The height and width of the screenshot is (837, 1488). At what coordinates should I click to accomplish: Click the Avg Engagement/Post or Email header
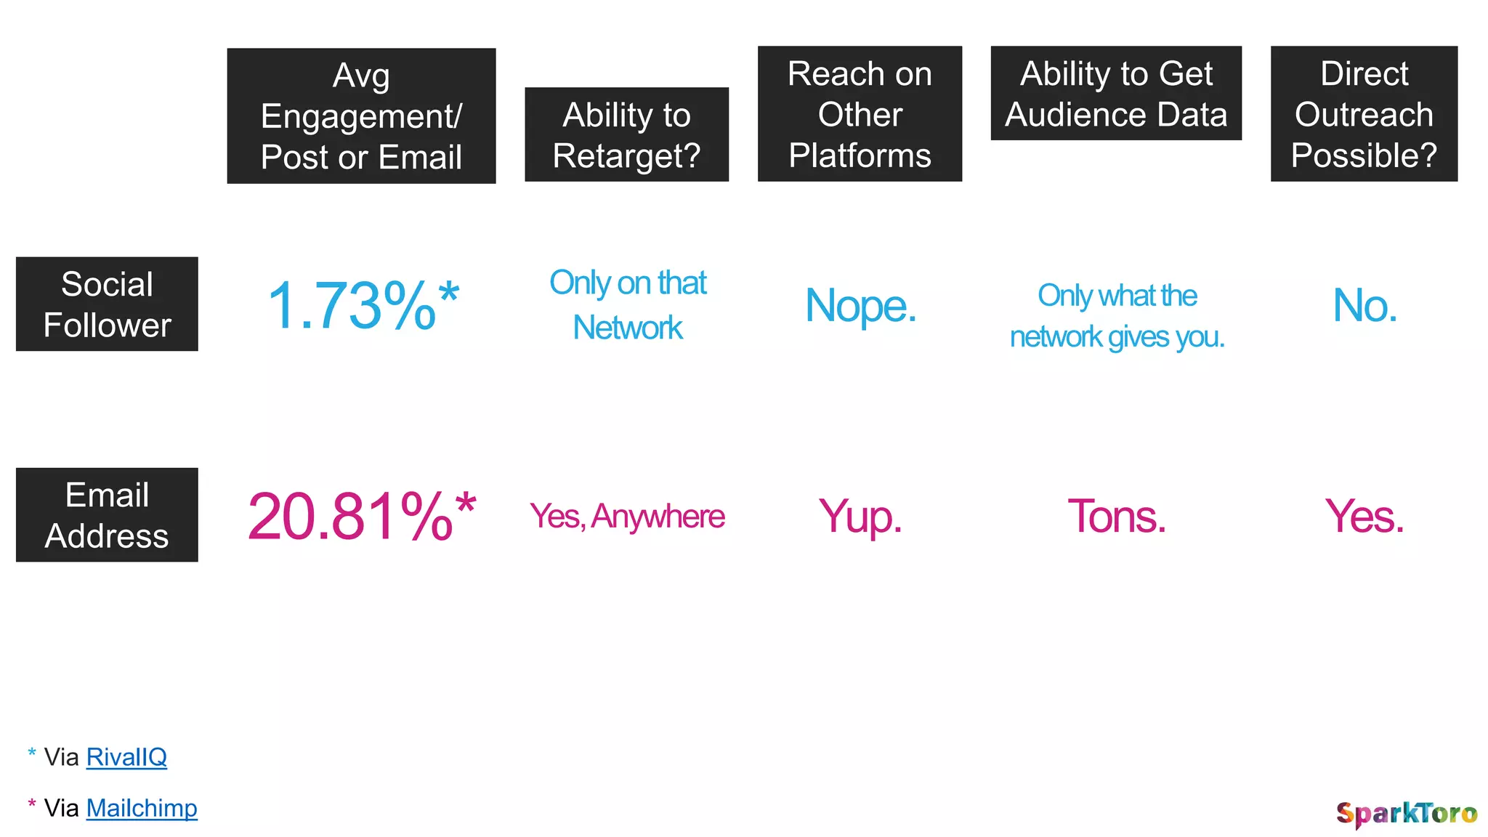(361, 116)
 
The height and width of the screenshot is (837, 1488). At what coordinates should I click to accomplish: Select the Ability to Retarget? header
(626, 135)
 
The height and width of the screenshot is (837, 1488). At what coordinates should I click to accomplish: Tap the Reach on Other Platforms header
(860, 114)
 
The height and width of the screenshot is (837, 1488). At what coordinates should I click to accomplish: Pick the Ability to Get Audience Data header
(1116, 94)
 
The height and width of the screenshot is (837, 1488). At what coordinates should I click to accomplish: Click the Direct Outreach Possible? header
(1364, 114)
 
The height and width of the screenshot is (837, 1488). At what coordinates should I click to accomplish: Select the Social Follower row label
(107, 304)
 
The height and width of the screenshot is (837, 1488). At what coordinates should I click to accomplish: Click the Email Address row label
(107, 515)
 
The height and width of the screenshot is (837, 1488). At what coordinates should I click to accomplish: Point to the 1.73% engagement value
(363, 306)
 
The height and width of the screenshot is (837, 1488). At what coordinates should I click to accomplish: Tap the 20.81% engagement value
(361, 516)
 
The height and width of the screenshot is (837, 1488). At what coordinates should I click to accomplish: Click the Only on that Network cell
(628, 305)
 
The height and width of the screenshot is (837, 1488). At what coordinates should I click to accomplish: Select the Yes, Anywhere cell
(627, 517)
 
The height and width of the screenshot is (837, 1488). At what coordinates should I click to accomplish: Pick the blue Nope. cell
(860, 306)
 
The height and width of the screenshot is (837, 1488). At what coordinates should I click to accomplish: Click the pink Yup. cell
(860, 517)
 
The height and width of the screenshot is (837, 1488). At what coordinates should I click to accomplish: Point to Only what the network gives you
(1117, 316)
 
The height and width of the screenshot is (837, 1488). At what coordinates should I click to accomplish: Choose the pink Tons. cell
(1117, 517)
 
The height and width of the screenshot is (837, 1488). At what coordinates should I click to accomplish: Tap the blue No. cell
(1364, 305)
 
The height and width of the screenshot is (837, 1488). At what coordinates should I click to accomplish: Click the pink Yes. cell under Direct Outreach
(1364, 517)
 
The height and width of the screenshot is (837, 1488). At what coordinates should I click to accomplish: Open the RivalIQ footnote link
(126, 757)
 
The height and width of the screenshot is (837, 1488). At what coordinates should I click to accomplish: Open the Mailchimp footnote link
(142, 808)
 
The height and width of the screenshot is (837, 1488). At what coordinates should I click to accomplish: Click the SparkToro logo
(1406, 814)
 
